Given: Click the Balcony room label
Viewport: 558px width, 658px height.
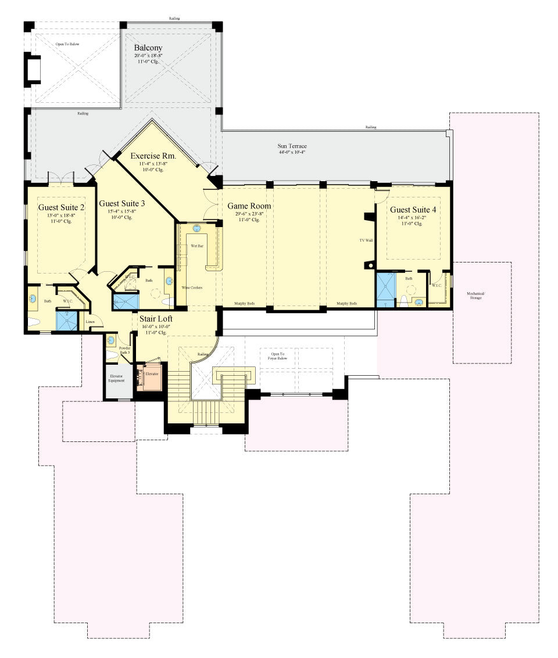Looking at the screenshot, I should (x=148, y=48).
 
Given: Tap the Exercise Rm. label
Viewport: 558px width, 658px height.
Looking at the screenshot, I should (x=153, y=156).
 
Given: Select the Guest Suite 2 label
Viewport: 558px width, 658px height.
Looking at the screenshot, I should (x=62, y=207).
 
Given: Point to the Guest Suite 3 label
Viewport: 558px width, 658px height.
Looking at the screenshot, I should (x=121, y=203).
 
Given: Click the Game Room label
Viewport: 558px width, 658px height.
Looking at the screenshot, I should (x=249, y=206).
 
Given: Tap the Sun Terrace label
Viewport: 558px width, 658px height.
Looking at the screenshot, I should (x=291, y=146).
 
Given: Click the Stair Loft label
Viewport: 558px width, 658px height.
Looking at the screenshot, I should (x=155, y=318).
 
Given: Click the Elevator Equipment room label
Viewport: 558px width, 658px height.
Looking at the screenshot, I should (x=117, y=378).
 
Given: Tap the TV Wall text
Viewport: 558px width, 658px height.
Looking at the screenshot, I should (x=366, y=239).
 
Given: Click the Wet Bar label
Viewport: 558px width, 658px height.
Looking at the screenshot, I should (x=198, y=246).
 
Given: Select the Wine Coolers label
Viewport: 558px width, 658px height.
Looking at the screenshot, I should (x=192, y=288).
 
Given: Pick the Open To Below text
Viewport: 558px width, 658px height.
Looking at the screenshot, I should (x=67, y=44).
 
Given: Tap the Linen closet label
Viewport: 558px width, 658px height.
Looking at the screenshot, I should (x=90, y=321).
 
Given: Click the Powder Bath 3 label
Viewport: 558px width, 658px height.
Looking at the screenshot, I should (x=125, y=350).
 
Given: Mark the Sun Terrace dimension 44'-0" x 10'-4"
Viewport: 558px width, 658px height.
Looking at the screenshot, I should (x=291, y=152).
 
